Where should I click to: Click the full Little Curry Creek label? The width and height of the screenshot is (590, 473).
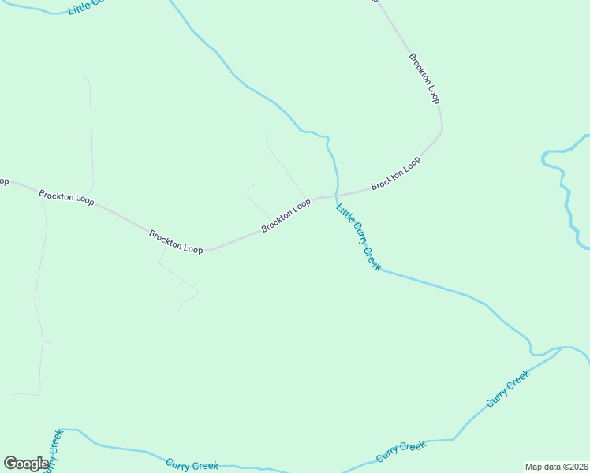pyautogui.click(x=359, y=238)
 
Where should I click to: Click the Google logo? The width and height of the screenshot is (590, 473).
pyautogui.click(x=26, y=464)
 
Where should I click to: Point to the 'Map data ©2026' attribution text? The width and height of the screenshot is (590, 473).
pyautogui.click(x=557, y=467)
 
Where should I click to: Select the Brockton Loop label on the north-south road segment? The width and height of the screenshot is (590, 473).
pyautogui.click(x=424, y=78)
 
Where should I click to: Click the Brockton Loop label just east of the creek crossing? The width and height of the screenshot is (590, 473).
pyautogui.click(x=395, y=173)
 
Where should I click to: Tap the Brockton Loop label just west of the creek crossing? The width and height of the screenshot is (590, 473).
pyautogui.click(x=286, y=216)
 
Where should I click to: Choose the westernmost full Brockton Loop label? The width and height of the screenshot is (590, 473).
pyautogui.click(x=66, y=197)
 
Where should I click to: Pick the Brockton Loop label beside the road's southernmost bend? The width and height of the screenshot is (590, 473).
pyautogui.click(x=176, y=242)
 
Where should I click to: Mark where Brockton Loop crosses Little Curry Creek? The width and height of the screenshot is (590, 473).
pyautogui.click(x=337, y=194)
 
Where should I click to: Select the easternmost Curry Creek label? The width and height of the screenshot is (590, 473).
pyautogui.click(x=507, y=389)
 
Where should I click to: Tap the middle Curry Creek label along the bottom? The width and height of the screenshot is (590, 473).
pyautogui.click(x=401, y=452)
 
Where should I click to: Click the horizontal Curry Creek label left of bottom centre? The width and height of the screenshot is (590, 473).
pyautogui.click(x=192, y=465)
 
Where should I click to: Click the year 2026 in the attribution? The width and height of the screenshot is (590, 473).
pyautogui.click(x=577, y=467)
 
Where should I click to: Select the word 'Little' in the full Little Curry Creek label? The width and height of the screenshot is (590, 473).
pyautogui.click(x=345, y=215)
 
